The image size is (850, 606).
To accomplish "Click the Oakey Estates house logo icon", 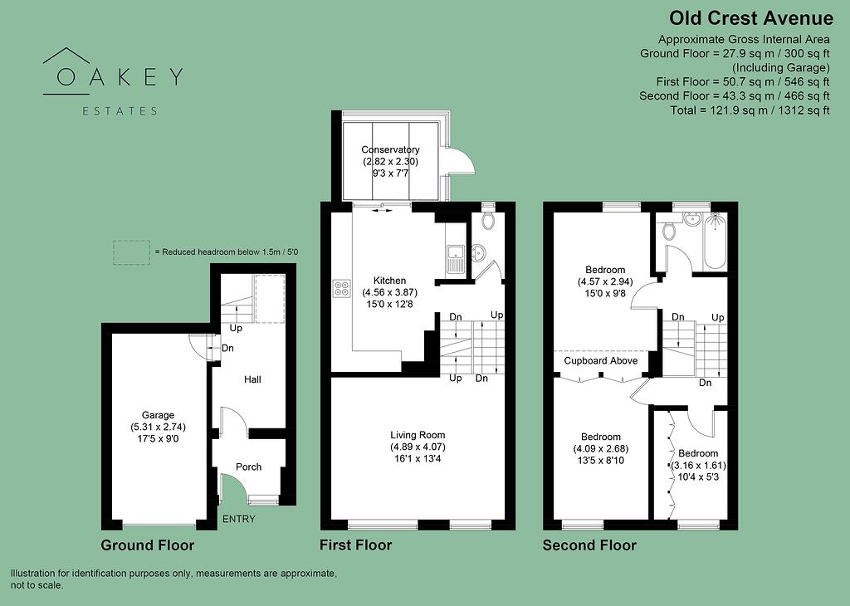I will point(66,66).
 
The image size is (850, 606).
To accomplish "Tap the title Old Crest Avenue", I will point(751,18).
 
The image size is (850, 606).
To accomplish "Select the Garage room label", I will point(158,415).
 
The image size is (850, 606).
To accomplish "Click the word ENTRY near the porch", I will point(238,520).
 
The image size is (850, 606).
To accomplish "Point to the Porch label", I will point(248,467).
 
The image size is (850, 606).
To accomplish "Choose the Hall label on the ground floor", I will point(252,379).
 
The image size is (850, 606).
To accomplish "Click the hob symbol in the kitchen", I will point(341,288).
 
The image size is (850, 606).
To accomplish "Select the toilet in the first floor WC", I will point(488,220).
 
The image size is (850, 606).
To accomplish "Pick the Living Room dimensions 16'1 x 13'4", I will point(418,460).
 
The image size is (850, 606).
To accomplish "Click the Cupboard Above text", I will point(601,361).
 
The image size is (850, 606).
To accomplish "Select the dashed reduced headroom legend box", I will point(132,252).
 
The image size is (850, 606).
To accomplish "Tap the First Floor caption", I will point(355,545).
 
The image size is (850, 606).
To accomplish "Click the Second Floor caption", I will point(589,545).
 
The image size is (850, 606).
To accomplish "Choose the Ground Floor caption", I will point(147,545).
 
